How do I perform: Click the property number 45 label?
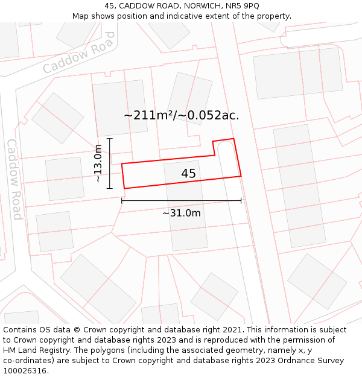pos(188,174)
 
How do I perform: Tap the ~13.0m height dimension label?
pos(98,163)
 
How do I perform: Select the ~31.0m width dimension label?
pos(181,213)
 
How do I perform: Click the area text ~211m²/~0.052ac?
pos(181,115)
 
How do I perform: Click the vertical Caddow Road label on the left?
pos(14,179)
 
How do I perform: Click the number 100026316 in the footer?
pos(25,370)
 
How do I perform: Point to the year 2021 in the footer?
pos(233,330)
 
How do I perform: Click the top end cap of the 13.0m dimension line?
pos(110,139)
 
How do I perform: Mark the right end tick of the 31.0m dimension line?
pos(241,200)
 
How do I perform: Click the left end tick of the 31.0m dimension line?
pos(122,200)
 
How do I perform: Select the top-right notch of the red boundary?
pos(233,139)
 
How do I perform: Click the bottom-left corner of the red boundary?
pos(124,189)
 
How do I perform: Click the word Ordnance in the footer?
pos(326,361)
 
